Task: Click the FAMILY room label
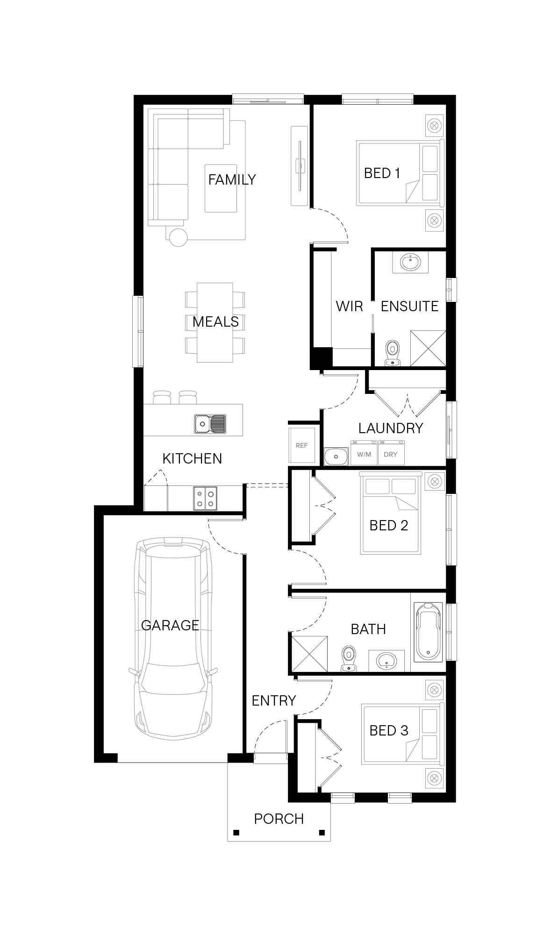232,179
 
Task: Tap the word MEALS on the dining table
215,321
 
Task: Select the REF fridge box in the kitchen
302,445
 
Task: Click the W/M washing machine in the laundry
364,453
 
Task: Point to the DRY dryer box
391,453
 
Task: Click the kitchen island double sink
210,424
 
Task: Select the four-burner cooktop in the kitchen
205,498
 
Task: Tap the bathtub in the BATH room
428,632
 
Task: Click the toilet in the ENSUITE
393,353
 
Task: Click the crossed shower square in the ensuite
428,348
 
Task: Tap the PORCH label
279,819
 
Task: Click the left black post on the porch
236,832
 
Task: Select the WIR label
350,306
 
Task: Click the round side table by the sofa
178,237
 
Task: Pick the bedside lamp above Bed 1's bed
434,125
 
